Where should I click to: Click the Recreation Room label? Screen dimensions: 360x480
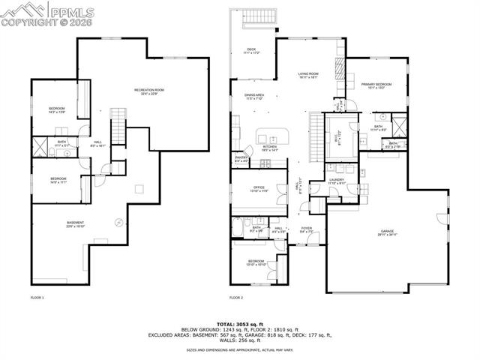149,91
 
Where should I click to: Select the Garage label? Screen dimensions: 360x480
388,232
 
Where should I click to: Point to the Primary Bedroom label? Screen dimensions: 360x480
376,85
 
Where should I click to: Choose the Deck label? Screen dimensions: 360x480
252,50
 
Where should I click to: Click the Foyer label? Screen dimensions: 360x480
307,229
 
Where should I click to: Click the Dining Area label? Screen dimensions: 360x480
253,96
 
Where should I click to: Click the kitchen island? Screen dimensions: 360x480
273,136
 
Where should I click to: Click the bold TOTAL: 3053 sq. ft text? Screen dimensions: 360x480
239,322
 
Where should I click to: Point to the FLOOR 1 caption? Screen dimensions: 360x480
37,298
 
